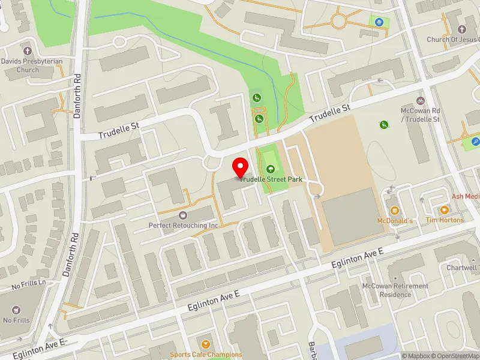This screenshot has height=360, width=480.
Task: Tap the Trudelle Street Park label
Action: coord(271,179)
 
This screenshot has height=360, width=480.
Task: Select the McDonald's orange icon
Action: coord(395,211)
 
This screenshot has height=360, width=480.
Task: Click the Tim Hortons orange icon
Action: coord(444,210)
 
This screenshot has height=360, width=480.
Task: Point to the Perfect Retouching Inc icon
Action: coord(183,215)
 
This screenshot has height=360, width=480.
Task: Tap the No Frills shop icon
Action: coord(16,310)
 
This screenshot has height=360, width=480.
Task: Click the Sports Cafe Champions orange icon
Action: coord(206,344)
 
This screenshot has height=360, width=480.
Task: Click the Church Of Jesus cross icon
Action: coord(461,29)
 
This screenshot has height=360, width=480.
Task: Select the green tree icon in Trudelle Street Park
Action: coord(271,170)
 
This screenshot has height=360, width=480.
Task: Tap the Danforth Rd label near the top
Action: coord(77,96)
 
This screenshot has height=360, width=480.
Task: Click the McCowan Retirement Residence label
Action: coord(395,290)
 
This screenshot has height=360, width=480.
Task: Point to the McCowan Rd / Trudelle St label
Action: coord(420,115)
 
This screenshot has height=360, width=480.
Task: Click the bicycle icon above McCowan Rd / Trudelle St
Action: coord(421,100)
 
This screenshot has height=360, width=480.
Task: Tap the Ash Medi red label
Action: coord(466,196)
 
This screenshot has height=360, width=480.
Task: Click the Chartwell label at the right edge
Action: coord(465,267)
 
